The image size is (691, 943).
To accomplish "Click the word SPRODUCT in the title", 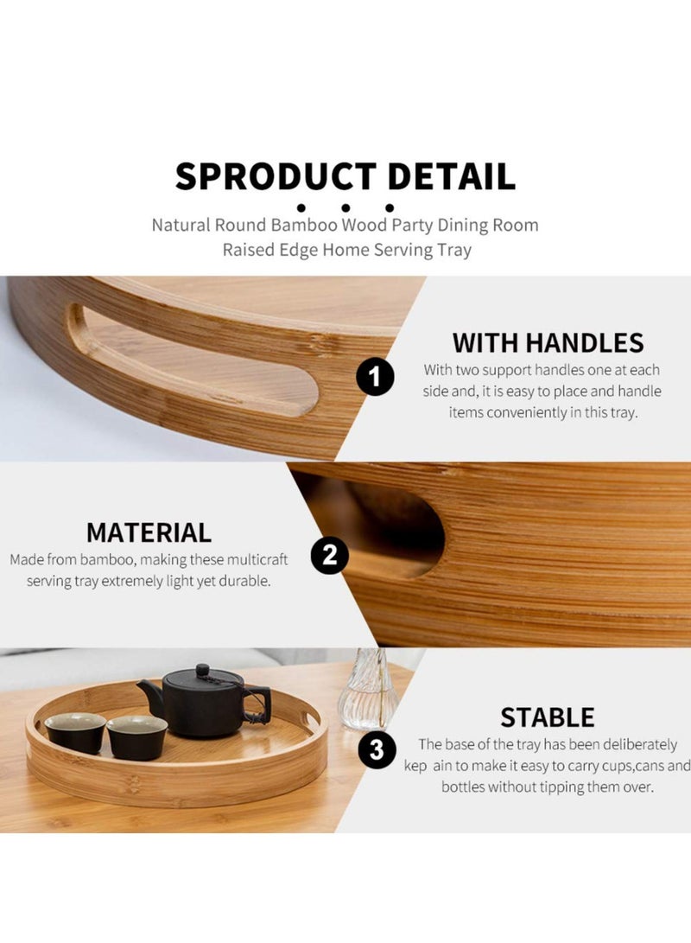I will [276, 176].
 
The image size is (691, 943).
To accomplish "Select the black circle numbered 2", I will [329, 556].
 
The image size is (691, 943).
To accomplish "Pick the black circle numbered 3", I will [377, 749].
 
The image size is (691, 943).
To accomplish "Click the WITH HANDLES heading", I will [548, 343].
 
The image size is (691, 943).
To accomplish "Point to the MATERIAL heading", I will [149, 532].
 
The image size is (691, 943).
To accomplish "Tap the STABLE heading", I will [548, 717].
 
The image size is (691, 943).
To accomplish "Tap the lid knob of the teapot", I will [202, 670].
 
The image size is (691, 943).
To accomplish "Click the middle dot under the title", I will [345, 207].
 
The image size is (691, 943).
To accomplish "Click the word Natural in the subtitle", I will [181, 226].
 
